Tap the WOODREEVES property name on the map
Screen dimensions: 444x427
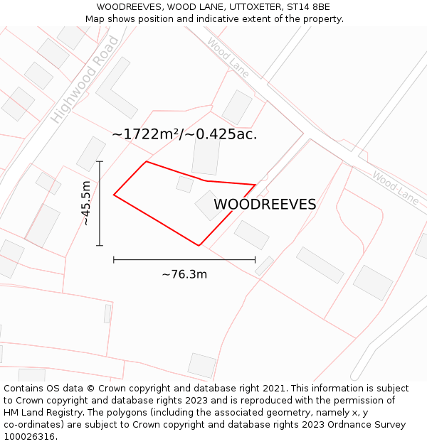(265, 205)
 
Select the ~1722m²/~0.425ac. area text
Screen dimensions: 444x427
(184, 134)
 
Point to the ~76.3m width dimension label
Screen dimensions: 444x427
(184, 274)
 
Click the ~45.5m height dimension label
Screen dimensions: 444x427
(85, 203)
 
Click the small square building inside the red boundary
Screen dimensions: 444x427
(185, 185)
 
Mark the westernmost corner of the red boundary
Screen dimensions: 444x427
(115, 195)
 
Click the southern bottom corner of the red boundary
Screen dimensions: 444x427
(199, 246)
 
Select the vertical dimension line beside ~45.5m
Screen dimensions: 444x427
(100, 204)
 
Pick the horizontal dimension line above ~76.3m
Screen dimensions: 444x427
(184, 260)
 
